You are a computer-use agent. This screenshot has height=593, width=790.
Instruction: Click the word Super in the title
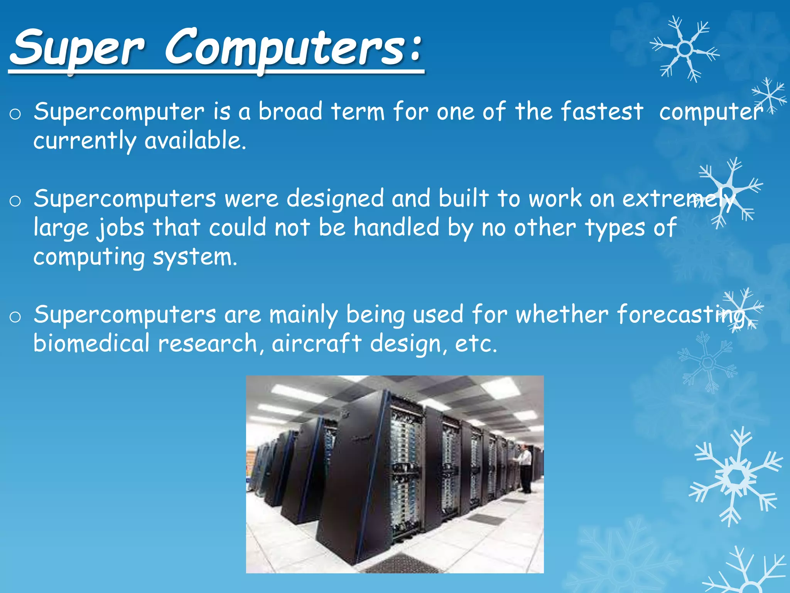coord(77,48)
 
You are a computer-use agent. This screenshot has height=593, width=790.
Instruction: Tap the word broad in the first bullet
coord(290,112)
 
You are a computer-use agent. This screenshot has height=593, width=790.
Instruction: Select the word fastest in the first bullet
coord(602,112)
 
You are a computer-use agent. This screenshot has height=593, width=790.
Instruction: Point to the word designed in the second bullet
coord(335,199)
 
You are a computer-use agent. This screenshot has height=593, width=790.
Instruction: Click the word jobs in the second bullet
coord(120,228)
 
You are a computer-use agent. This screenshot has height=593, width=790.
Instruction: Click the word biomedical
coord(91,344)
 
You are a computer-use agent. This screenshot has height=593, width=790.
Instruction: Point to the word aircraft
coord(316,344)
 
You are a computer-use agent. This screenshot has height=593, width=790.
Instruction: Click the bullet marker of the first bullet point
coord(15,114)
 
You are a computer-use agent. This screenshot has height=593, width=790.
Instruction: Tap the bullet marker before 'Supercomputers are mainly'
coord(15,317)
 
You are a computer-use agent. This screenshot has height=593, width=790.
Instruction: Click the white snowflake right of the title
coord(685,49)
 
